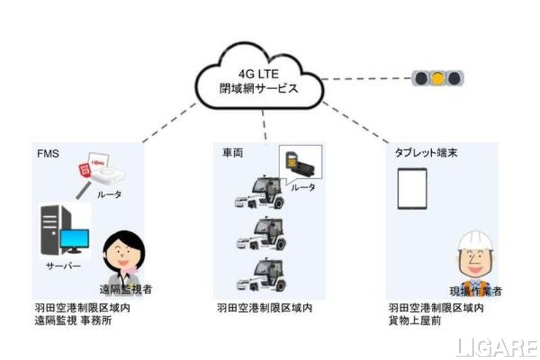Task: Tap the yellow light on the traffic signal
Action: click(x=438, y=78)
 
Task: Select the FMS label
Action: click(x=47, y=153)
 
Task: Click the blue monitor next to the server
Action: click(x=75, y=240)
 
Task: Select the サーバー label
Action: click(x=63, y=266)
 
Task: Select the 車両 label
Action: click(x=232, y=153)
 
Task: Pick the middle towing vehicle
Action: click(x=259, y=234)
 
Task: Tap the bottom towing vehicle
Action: click(x=259, y=274)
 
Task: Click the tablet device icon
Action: click(x=411, y=188)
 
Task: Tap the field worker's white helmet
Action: click(x=476, y=242)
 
